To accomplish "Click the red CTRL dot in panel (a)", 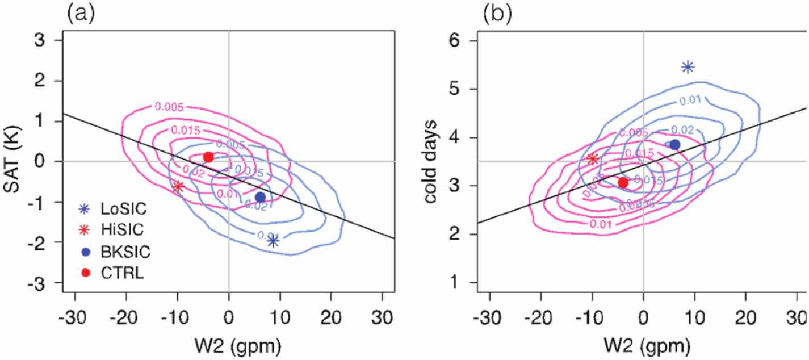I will click(x=208, y=157).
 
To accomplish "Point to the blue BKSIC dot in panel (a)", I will click(x=260, y=197).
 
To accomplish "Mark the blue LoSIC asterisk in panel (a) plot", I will click(x=273, y=241).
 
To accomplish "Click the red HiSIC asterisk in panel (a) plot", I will click(x=178, y=186).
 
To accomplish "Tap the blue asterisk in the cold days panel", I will click(x=688, y=68).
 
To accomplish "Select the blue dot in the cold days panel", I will click(x=674, y=145).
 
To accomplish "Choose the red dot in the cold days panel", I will click(x=623, y=182).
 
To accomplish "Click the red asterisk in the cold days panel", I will click(x=593, y=159).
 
